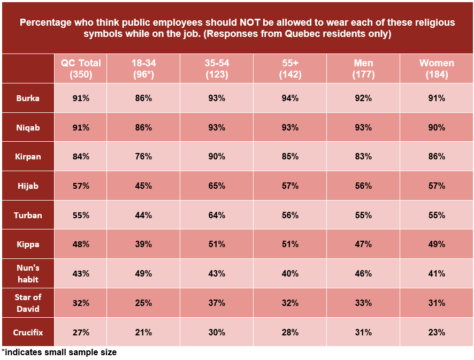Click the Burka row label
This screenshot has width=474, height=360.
click(x=28, y=98)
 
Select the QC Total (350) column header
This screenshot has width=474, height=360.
click(x=81, y=69)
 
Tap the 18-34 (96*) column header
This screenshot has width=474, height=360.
click(x=143, y=69)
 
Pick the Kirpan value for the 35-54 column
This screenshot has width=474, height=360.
click(x=217, y=157)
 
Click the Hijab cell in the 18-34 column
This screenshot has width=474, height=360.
click(x=143, y=186)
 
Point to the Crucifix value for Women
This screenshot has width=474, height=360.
click(x=436, y=332)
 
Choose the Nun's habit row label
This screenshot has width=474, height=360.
click(x=28, y=273)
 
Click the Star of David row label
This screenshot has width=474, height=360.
click(x=28, y=303)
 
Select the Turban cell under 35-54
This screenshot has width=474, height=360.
click(x=217, y=215)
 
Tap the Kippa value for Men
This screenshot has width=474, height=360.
click(x=363, y=244)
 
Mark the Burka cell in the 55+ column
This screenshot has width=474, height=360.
click(x=290, y=98)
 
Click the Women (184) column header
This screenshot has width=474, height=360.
click(x=436, y=69)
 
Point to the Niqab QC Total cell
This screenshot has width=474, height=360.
click(x=81, y=128)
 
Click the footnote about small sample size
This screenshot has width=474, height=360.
click(x=59, y=353)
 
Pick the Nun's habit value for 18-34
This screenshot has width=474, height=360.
click(x=143, y=273)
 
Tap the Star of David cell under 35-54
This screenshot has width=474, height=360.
click(x=217, y=303)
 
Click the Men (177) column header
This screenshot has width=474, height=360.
click(x=363, y=69)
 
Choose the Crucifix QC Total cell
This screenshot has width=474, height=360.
click(x=81, y=332)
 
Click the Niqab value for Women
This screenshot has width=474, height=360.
click(x=436, y=128)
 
